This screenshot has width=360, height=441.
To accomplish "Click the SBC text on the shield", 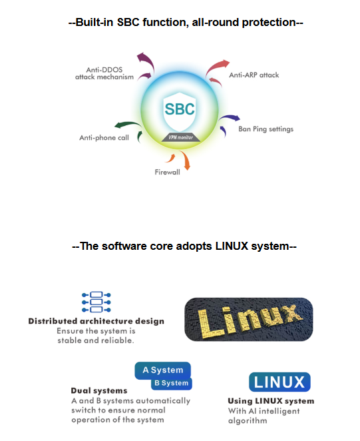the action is point(180,109).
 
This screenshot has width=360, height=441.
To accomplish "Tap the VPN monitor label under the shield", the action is point(181,137).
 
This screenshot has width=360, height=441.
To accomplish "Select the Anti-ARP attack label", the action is point(254,75).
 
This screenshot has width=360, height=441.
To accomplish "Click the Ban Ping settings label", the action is point(266,129).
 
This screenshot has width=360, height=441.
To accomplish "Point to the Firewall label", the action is point(168,172).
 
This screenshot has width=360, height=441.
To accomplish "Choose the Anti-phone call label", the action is point(104,137).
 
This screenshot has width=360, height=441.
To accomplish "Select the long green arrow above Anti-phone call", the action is point(128,125).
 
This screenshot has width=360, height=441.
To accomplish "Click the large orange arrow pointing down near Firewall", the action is point(186,160).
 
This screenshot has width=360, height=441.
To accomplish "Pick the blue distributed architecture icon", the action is point(96,302).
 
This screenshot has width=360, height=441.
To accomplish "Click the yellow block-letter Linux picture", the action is point(249,320).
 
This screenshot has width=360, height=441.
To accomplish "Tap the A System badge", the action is point(163,370).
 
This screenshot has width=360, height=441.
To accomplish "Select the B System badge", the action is point(172,383).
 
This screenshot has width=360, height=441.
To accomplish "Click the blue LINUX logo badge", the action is point(279,382).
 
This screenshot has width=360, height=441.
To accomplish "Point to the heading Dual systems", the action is point(99,390).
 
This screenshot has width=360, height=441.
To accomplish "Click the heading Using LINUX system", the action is point(271,401).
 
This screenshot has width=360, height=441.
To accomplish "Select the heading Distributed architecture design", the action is point(96,321).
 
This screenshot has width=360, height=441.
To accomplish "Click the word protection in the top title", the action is point(269,23).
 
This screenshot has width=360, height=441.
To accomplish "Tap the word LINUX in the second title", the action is point(232,246).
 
